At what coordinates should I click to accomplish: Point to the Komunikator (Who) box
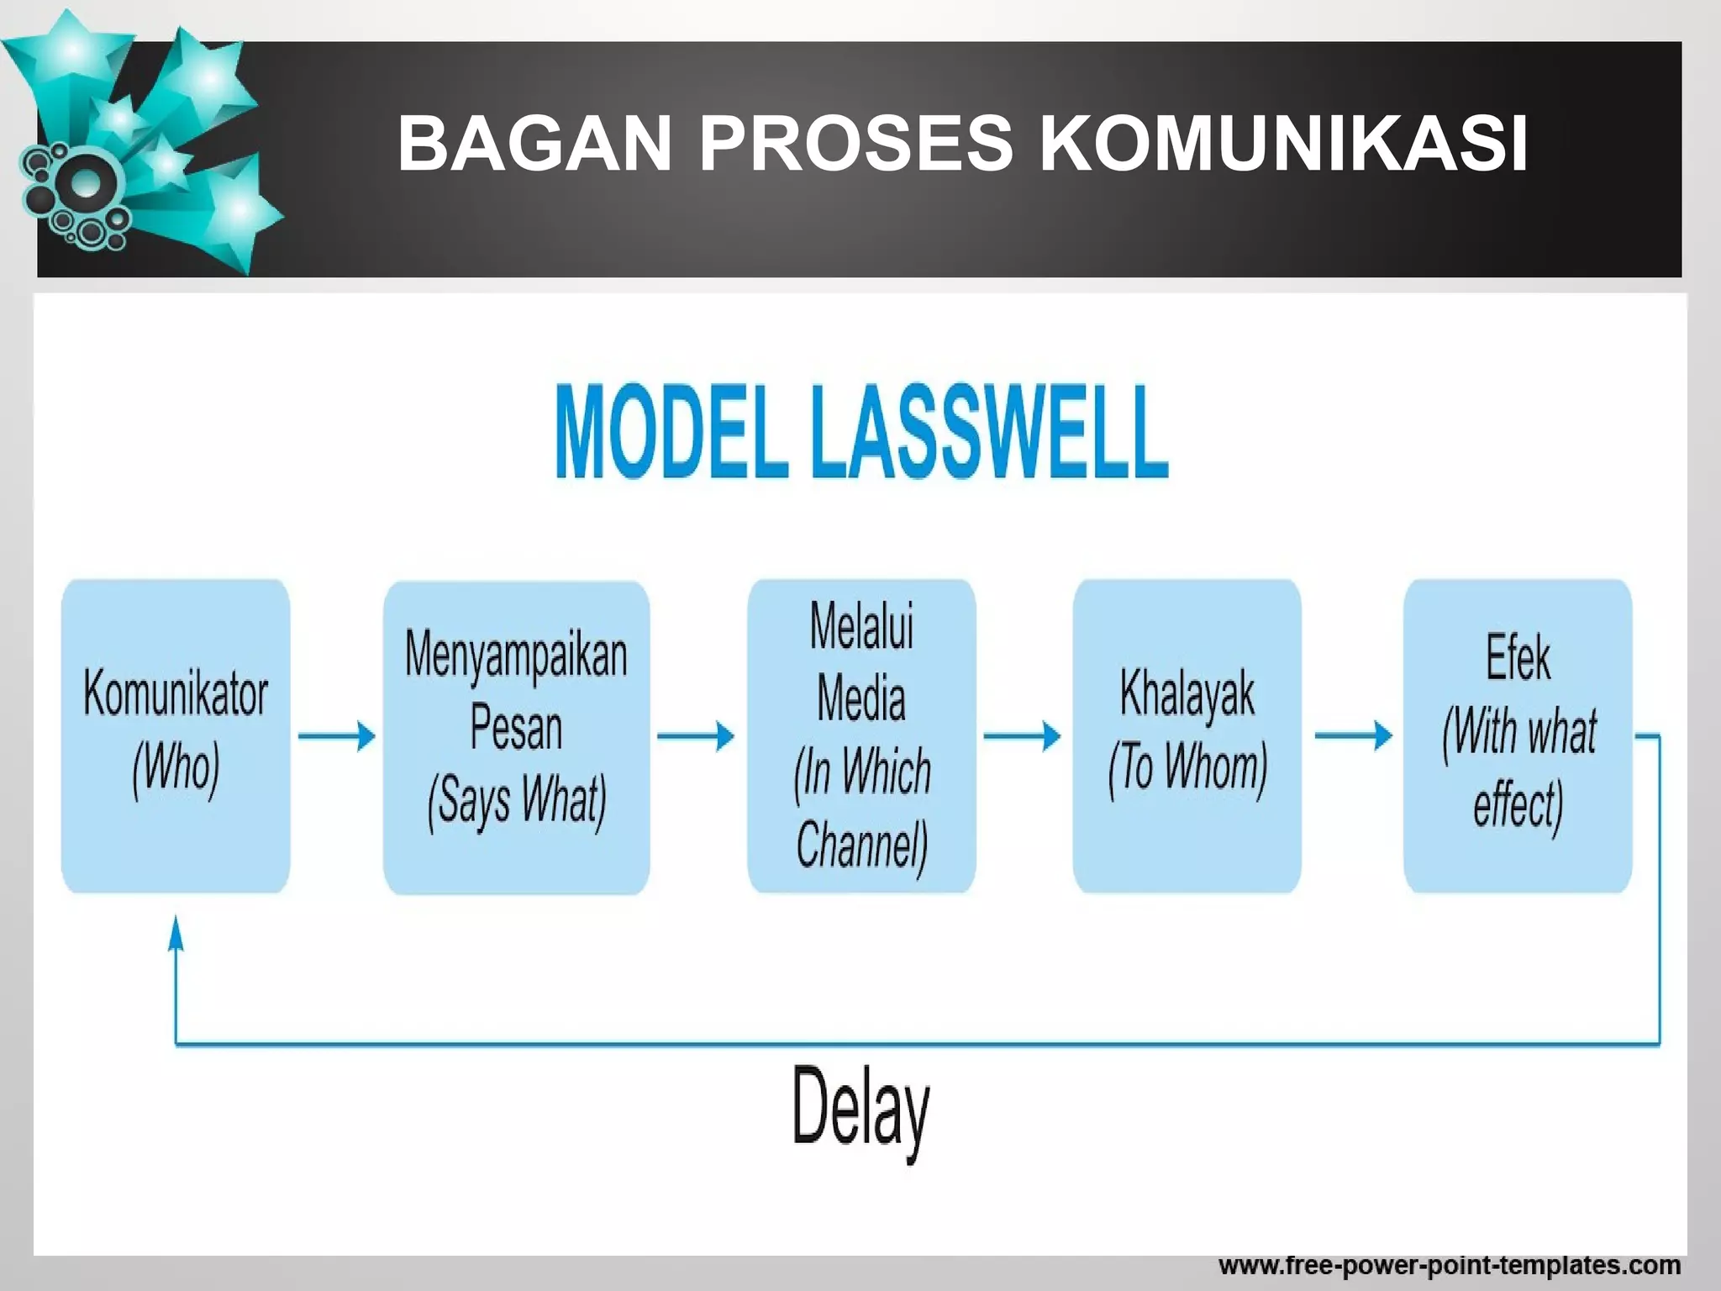coord(176,735)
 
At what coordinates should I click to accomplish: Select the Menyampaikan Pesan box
coord(516,736)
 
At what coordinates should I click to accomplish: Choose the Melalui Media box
coord(861,735)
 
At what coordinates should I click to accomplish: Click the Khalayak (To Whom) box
coord(1187,735)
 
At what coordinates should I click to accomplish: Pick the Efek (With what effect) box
coord(1518,735)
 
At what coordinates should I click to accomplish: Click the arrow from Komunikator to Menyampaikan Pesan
coord(336,736)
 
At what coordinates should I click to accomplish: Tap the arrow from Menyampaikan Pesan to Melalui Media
coord(695,736)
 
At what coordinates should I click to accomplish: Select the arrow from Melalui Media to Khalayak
coord(1022,736)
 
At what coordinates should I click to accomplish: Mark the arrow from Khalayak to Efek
coord(1353,736)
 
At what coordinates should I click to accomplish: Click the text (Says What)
coord(516,801)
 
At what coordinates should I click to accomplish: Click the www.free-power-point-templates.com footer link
coord(1449,1265)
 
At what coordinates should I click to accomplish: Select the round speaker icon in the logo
coord(84,186)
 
